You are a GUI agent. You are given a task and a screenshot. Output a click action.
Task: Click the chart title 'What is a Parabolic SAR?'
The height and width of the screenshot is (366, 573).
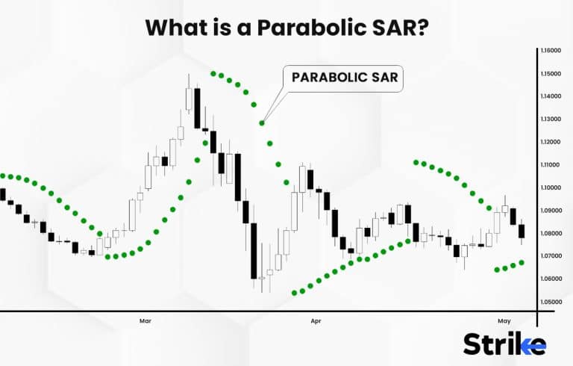286,27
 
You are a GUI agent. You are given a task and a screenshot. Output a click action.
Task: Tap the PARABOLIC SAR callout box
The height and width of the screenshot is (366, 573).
342,78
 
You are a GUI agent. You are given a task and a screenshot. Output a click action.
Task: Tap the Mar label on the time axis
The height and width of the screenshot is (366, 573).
145,321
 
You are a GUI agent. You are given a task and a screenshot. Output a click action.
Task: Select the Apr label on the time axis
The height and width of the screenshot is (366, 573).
316,321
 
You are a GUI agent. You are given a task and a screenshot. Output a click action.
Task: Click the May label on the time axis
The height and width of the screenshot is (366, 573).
504,321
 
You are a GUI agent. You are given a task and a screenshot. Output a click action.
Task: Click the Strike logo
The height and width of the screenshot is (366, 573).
504,344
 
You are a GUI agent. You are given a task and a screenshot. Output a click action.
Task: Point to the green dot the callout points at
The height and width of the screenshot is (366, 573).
262,122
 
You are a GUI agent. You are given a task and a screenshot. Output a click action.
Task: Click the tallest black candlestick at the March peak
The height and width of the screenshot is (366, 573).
197,108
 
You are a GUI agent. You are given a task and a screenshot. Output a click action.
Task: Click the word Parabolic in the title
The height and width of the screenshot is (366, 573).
310,27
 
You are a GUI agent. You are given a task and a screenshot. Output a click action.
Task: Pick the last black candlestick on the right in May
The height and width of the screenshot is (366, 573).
522,231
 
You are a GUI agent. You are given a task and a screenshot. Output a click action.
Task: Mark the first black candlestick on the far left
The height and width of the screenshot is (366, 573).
2,194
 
